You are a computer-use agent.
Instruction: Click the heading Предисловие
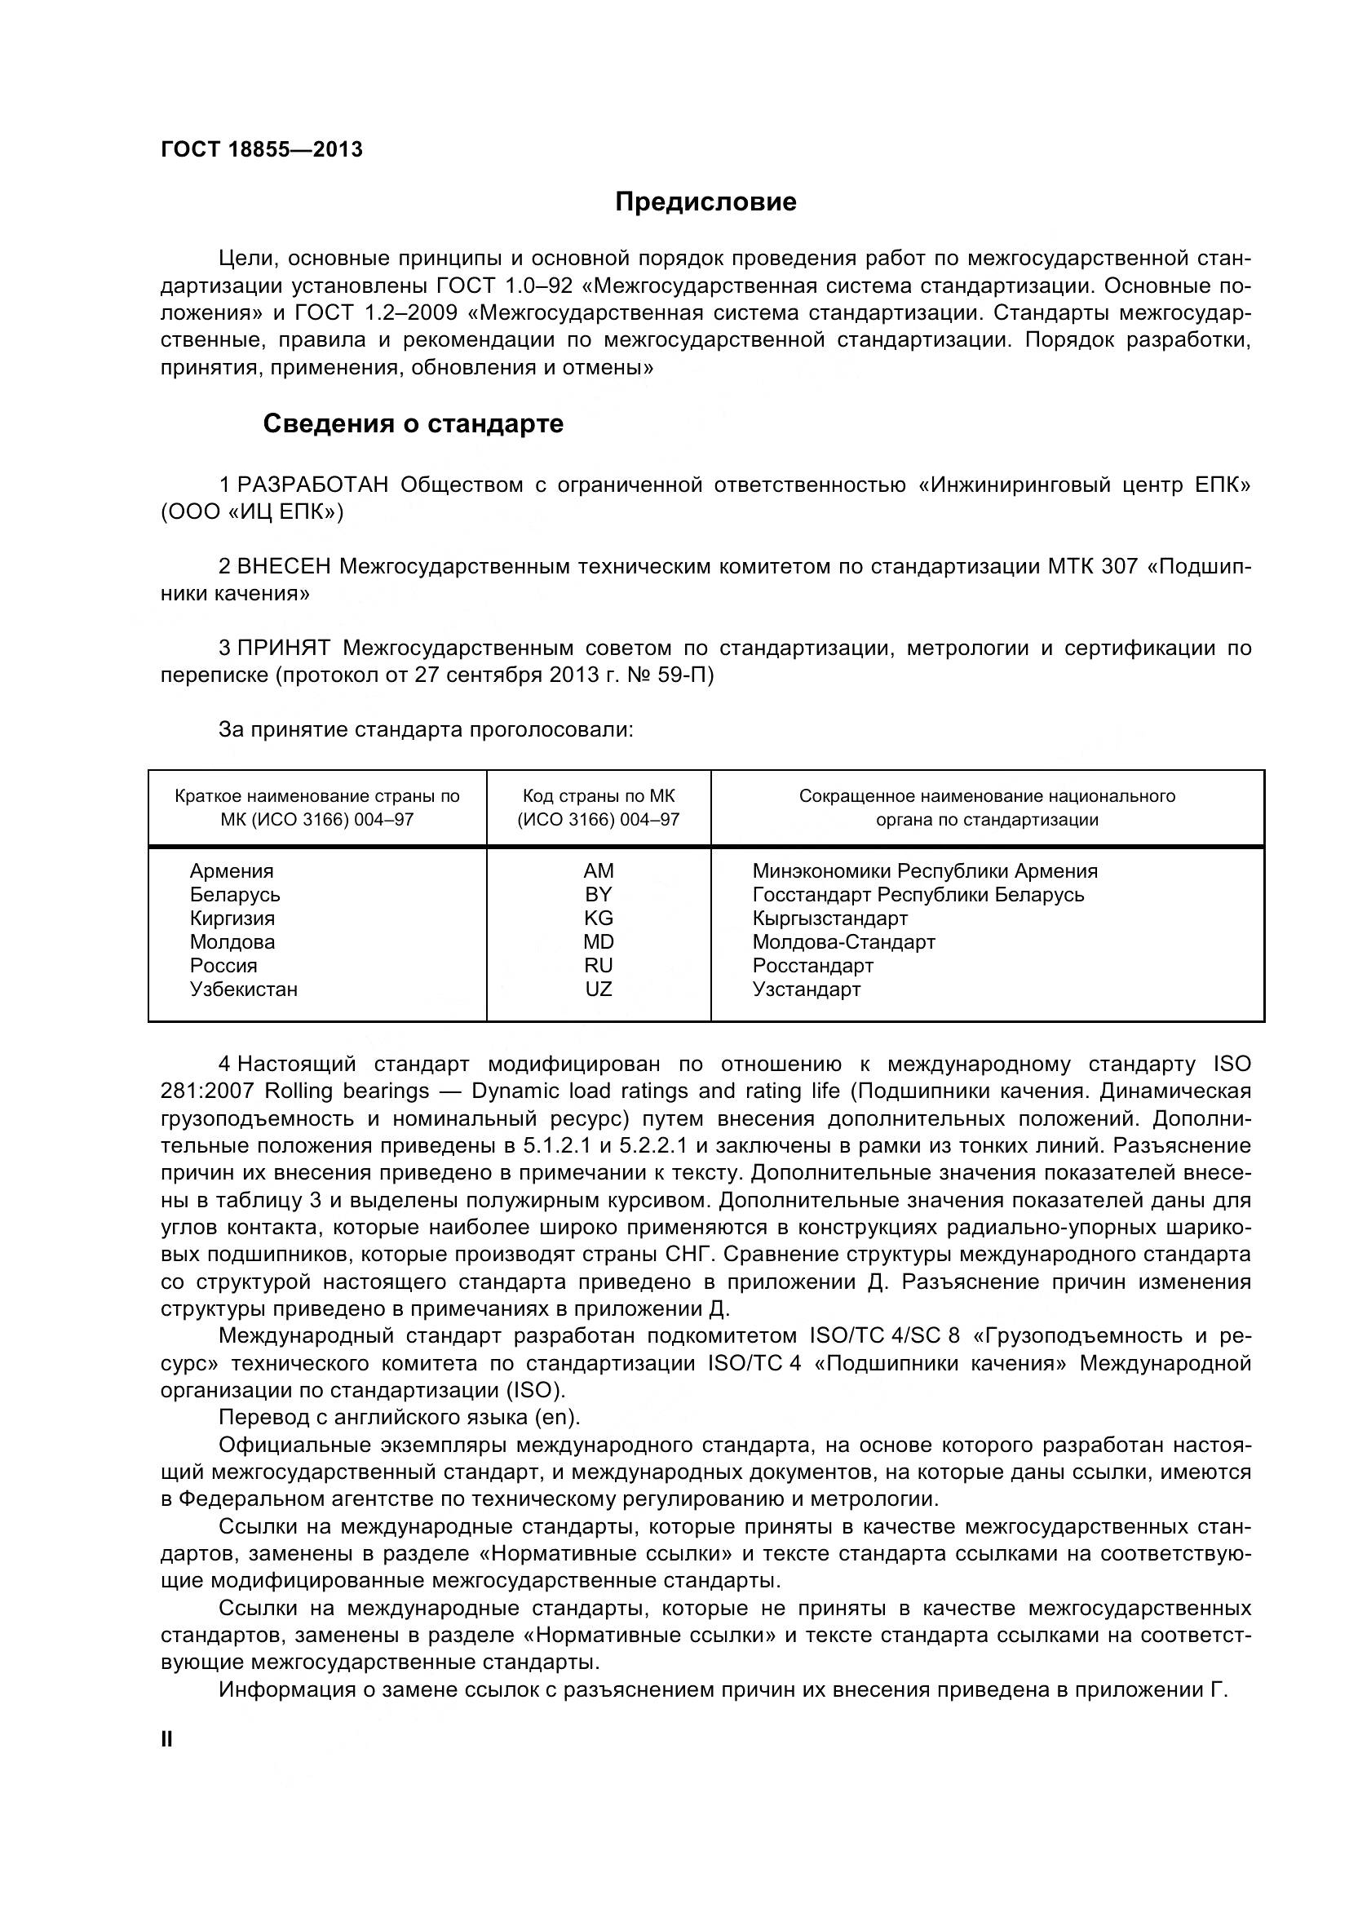click(x=705, y=202)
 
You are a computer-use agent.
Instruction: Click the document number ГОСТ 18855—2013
click(x=262, y=149)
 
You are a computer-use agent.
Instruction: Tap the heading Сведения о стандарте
click(x=413, y=424)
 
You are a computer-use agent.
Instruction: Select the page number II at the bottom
click(x=167, y=1739)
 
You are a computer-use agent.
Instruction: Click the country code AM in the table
click(x=598, y=871)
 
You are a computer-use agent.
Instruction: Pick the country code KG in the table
click(x=598, y=919)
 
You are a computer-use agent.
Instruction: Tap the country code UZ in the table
click(x=598, y=989)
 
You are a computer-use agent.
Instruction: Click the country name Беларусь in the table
click(x=235, y=895)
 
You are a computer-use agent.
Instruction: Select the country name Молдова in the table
click(x=232, y=942)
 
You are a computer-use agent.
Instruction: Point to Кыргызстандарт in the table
click(x=829, y=919)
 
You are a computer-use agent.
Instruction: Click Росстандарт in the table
click(x=812, y=966)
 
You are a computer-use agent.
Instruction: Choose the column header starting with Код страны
click(x=598, y=808)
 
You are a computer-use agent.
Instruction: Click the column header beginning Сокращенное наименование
click(x=987, y=808)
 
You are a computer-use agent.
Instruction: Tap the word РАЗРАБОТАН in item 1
click(x=313, y=485)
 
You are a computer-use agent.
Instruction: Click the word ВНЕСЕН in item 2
click(x=284, y=567)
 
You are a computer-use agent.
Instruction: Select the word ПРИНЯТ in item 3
click(x=284, y=649)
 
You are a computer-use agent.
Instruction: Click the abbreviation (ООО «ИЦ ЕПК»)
click(x=252, y=512)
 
